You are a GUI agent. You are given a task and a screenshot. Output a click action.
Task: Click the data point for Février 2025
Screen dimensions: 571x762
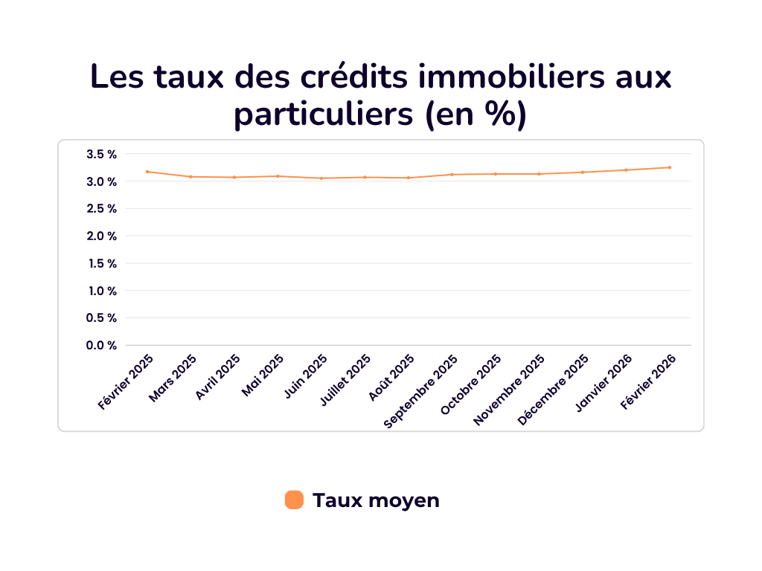click(147, 172)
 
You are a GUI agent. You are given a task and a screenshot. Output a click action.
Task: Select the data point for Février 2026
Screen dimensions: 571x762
click(670, 167)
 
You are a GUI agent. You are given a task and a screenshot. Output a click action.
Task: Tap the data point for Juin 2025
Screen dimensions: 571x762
click(321, 178)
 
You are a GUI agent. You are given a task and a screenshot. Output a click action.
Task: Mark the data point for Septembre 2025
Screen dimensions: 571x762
click(452, 175)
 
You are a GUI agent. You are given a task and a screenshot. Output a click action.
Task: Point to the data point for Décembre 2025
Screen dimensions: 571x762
click(583, 172)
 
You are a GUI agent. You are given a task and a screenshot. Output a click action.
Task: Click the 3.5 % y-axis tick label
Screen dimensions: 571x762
click(102, 155)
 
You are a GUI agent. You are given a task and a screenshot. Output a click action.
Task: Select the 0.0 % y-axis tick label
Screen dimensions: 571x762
click(102, 345)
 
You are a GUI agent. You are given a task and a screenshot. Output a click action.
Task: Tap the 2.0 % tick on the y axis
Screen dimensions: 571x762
click(102, 236)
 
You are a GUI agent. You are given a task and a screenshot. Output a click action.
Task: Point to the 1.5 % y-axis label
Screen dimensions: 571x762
click(102, 263)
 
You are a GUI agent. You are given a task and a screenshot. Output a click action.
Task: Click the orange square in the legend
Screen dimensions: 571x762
click(294, 500)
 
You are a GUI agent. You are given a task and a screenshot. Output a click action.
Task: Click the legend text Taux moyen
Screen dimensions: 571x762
click(376, 500)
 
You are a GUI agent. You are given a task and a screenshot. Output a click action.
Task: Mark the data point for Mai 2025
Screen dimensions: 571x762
click(278, 176)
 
